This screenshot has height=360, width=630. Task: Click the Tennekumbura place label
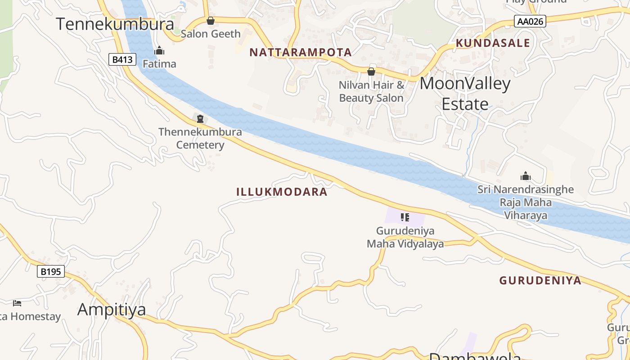(115, 24)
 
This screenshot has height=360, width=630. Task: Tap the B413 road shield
(122, 59)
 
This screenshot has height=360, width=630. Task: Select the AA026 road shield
(530, 21)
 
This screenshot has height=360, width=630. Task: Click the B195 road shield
(50, 271)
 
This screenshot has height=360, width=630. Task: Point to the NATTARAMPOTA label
(300, 52)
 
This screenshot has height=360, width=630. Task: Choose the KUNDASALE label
(493, 43)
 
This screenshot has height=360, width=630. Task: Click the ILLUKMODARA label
(282, 192)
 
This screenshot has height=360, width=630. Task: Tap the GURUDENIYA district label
(540, 281)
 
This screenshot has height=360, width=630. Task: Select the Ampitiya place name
(112, 310)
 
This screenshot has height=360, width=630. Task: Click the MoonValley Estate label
(465, 94)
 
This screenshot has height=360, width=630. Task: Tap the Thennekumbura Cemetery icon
(200, 119)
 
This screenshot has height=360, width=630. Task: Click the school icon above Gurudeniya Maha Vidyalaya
(405, 218)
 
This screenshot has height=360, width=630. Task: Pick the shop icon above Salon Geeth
(210, 21)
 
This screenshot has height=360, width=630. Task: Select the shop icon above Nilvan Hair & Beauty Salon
(371, 71)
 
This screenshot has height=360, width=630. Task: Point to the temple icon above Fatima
(159, 50)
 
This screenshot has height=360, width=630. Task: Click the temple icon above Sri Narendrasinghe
(525, 176)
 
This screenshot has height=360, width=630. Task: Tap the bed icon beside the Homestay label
(17, 303)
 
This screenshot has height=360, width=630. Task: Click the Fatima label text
(159, 64)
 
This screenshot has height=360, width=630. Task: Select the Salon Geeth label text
(211, 34)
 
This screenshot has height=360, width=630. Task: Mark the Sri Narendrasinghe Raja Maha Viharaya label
(526, 202)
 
